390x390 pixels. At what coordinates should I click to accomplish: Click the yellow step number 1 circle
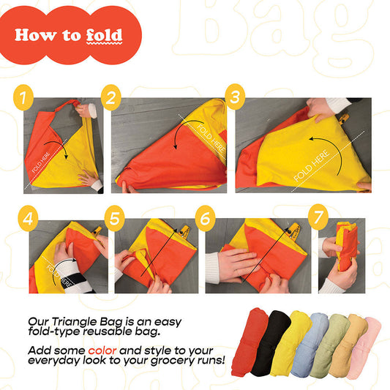coord(23,97)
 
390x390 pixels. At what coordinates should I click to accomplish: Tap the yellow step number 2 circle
coord(111,97)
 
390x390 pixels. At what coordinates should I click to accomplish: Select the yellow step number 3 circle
coord(235,97)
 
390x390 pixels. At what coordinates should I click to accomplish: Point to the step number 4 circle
coord(28,219)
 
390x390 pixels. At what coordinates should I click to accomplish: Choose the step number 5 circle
coord(114,218)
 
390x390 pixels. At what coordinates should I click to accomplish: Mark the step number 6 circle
coord(205,218)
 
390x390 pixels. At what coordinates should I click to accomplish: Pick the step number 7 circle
coord(318,217)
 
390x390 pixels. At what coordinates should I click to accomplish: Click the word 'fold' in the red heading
coord(104,35)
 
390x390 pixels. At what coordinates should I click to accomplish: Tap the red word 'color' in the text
coord(102,350)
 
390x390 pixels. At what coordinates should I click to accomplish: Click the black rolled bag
coord(270,343)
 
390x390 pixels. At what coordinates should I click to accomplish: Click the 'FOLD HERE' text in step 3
coord(312,165)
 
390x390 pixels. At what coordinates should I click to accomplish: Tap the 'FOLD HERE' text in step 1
coord(41,162)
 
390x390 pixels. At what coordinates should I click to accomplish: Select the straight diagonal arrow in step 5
coord(159,252)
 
